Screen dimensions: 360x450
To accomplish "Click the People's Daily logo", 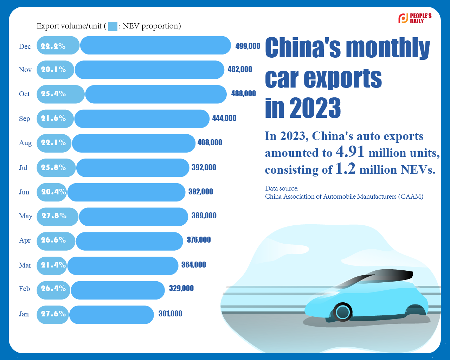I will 415,18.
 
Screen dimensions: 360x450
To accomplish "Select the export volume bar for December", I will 155,45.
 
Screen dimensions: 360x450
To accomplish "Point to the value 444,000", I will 224,118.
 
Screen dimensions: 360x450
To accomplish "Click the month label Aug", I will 25,143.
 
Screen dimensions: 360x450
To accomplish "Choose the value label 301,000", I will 170,314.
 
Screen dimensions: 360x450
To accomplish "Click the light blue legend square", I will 112,26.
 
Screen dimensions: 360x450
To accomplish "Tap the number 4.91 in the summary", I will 350,152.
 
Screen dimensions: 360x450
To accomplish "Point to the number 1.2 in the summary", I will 345,169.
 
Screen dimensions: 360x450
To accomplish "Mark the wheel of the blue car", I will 342,312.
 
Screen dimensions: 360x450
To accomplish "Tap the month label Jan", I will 24,314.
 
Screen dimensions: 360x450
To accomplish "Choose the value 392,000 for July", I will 204,168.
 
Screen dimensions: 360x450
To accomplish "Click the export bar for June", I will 126,192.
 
